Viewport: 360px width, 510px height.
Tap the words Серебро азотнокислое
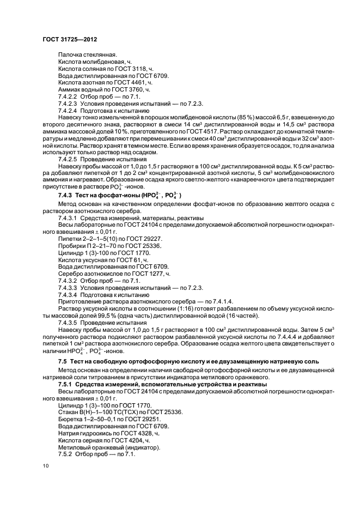tap(89, 273)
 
